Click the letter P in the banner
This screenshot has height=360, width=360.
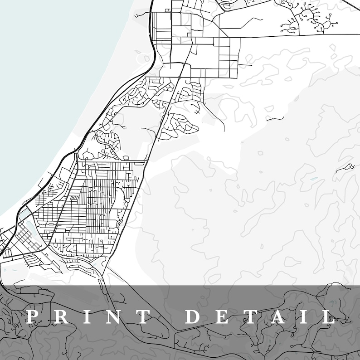click(x=31, y=316)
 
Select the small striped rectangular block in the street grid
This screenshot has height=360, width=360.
click(x=73, y=198)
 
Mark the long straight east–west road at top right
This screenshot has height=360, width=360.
click(x=295, y=35)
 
